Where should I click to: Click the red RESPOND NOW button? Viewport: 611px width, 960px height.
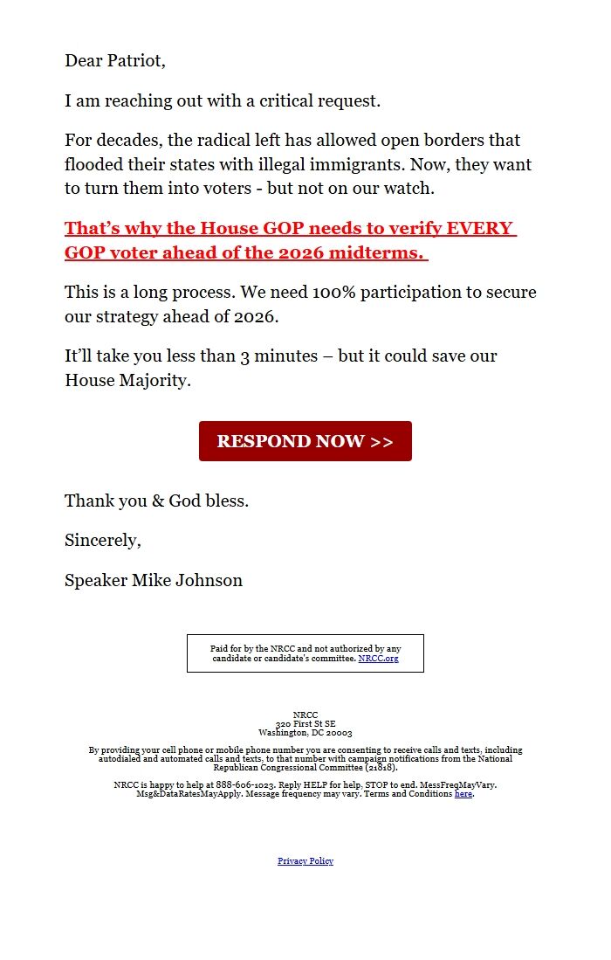305,441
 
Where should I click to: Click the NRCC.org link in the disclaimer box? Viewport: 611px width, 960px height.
378,658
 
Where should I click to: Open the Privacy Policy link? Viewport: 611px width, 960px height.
305,860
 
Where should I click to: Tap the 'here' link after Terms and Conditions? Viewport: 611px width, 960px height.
463,794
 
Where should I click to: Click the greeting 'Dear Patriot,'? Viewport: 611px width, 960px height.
114,61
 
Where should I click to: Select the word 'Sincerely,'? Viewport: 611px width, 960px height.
102,541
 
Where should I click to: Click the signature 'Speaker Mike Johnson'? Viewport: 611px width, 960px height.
154,580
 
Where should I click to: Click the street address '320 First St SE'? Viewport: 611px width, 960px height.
305,724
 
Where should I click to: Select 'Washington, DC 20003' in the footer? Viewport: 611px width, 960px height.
305,733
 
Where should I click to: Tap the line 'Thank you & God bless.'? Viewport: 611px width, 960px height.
156,501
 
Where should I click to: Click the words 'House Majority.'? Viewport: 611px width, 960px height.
127,381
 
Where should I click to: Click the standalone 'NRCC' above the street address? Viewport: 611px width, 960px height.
305,715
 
